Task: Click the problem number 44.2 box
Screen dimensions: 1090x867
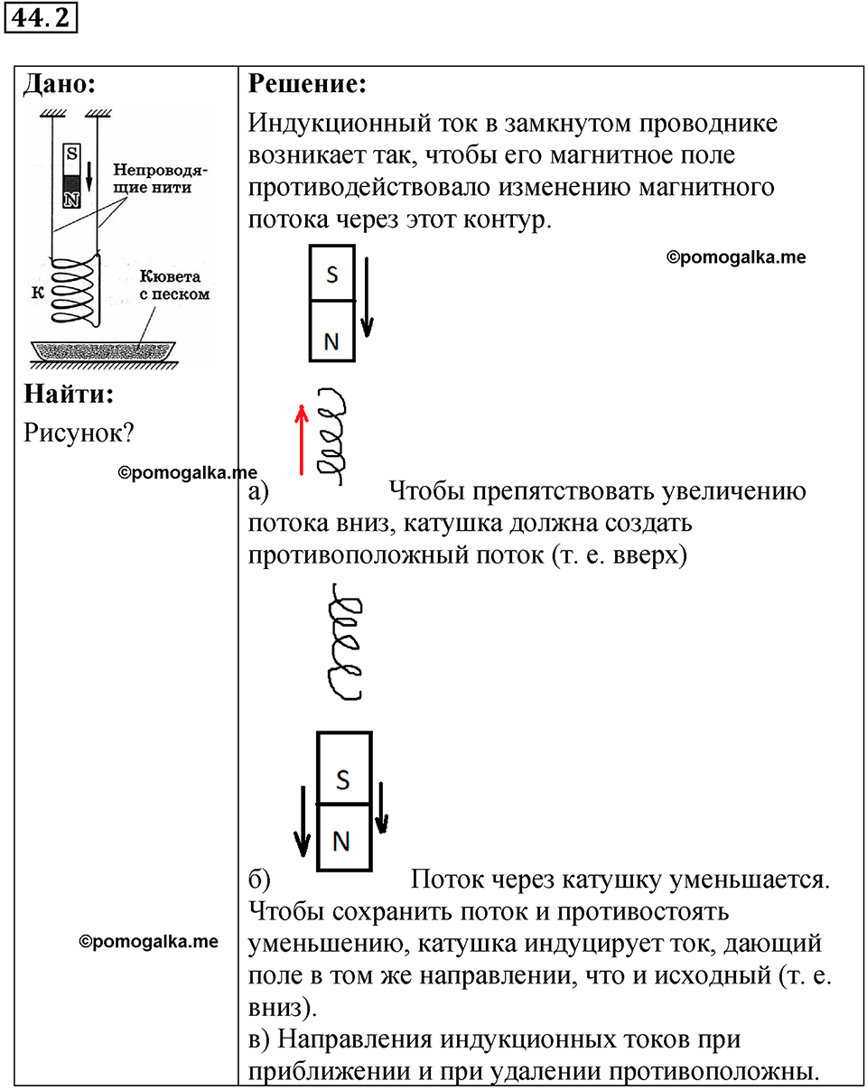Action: pyautogui.click(x=42, y=18)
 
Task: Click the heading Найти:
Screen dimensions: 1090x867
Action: pyautogui.click(x=70, y=395)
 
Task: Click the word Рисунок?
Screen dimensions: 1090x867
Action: pyautogui.click(x=79, y=433)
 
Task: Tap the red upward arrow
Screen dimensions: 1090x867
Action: pyautogui.click(x=303, y=440)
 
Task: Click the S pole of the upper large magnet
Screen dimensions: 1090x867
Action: pyautogui.click(x=332, y=274)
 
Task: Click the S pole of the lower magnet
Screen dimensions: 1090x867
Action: pyautogui.click(x=343, y=769)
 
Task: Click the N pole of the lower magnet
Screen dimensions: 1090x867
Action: pyautogui.click(x=343, y=837)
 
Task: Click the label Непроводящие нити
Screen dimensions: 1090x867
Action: pyautogui.click(x=152, y=178)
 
